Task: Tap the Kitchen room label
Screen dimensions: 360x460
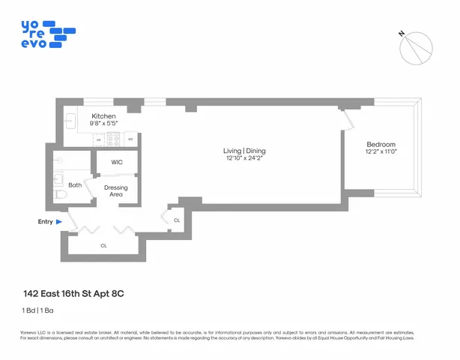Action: [x=104, y=116]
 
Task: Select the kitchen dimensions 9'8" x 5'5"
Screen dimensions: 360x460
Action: [x=104, y=124]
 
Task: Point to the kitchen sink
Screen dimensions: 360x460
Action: [x=70, y=121]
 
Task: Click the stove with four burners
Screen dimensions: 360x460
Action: [x=115, y=139]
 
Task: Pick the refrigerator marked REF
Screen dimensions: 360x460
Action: [x=130, y=139]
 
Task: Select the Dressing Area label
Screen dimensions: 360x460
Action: [x=116, y=191]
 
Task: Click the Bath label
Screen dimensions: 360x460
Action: [x=75, y=184]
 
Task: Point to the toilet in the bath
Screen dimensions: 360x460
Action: [x=61, y=194]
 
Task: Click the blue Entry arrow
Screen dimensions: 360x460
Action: [x=58, y=222]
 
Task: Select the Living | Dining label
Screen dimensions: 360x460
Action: [x=245, y=151]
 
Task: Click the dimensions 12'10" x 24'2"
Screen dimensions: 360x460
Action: [x=245, y=158]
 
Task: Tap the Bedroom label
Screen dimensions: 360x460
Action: [x=381, y=145]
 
